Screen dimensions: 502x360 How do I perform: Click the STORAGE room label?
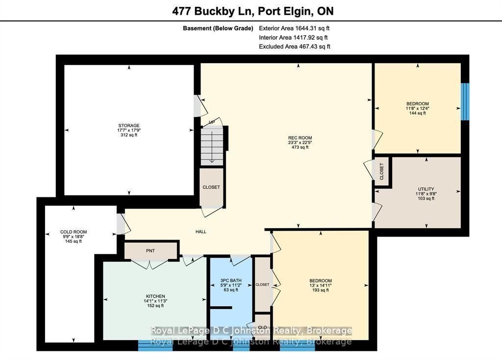(129, 125)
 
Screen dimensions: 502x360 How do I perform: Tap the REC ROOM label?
(300, 138)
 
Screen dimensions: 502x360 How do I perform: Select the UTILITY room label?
(426, 189)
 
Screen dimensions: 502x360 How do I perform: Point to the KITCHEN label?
(155, 296)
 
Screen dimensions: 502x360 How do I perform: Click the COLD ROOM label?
(74, 232)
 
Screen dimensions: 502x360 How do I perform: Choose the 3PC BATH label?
(231, 280)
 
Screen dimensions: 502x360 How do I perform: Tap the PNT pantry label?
(151, 251)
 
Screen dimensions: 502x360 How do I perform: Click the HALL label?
(201, 232)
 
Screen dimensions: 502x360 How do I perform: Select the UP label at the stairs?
(212, 122)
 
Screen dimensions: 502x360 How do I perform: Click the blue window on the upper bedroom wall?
(465, 101)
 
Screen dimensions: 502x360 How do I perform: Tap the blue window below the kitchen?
(155, 346)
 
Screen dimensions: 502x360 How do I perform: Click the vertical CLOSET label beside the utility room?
(381, 171)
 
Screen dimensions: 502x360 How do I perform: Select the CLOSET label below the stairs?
(211, 187)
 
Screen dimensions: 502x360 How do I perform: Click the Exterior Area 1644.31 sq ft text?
(294, 28)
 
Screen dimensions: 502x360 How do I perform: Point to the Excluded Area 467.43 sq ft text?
(295, 47)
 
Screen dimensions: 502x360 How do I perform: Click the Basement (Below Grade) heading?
(218, 28)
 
